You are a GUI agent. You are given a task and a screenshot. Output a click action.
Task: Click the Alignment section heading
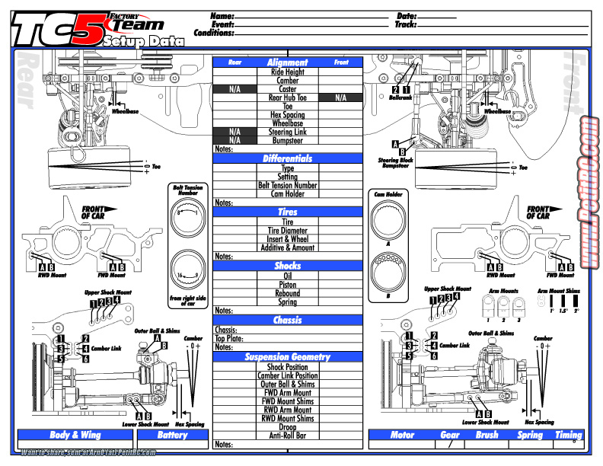[287, 62]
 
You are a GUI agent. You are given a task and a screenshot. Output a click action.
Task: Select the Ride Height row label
[287, 72]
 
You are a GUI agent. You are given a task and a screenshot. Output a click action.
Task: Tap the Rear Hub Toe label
[287, 97]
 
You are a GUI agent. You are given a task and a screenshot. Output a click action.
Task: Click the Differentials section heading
[287, 158]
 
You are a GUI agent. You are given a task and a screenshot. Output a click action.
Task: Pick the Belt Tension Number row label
[287, 185]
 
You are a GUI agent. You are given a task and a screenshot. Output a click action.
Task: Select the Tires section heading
[287, 212]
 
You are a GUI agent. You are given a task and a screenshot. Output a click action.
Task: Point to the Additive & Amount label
[287, 247]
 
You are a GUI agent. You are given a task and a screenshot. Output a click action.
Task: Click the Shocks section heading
[287, 266]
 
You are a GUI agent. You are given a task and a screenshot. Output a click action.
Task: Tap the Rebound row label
[287, 293]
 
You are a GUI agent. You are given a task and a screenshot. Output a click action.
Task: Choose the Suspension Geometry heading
[287, 356]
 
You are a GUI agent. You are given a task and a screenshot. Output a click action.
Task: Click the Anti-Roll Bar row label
[287, 436]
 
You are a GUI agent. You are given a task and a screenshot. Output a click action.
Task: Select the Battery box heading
[172, 435]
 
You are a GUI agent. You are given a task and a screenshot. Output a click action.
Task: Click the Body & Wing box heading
[75, 435]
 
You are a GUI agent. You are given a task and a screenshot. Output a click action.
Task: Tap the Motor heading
[402, 435]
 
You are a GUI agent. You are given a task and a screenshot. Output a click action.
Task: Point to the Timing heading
[568, 435]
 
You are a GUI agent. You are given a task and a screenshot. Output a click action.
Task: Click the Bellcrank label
[400, 97]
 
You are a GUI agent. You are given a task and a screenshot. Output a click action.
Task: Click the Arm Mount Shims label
[558, 291]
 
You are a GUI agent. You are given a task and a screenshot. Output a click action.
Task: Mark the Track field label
[406, 24]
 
